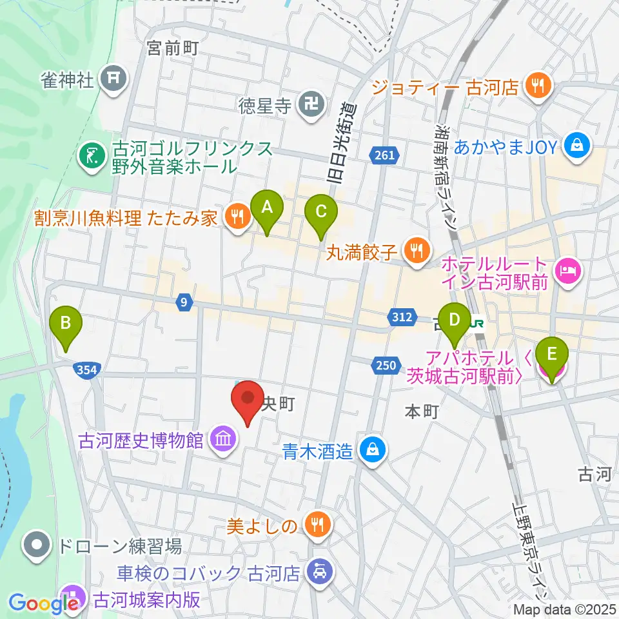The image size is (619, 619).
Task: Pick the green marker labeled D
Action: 455,320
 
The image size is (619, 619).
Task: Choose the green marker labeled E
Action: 551,355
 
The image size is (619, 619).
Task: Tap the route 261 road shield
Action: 386,154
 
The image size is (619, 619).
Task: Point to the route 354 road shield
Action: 86,369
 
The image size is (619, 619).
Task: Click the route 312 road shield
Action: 400,316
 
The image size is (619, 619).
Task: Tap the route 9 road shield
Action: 184,300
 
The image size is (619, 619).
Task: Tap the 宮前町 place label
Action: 172,48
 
